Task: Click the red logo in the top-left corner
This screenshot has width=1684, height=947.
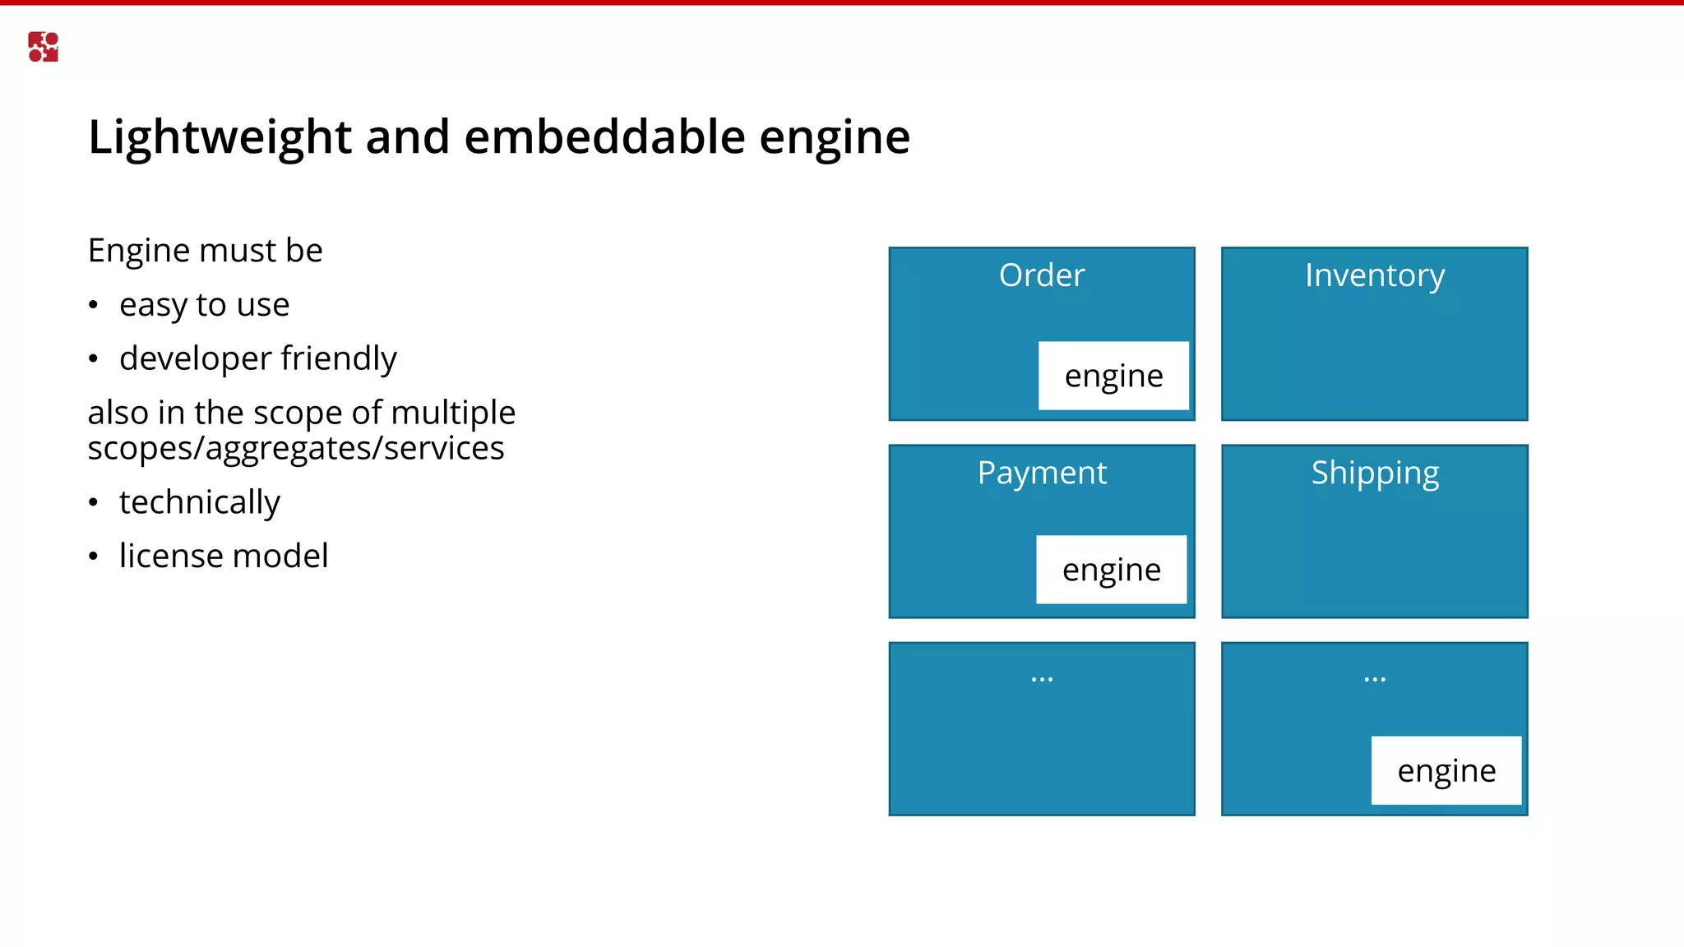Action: (x=43, y=47)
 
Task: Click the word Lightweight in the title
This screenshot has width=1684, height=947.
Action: (x=220, y=136)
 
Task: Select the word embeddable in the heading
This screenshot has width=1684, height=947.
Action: (x=604, y=136)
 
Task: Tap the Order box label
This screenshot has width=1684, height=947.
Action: (x=1041, y=275)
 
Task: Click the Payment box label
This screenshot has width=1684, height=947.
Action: (x=1042, y=473)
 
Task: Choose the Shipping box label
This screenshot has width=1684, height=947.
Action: (x=1375, y=473)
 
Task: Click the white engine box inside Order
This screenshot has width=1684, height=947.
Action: (x=1113, y=376)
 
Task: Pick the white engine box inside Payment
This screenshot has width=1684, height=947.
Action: (x=1111, y=570)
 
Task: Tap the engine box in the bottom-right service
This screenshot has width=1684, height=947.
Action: (x=1446, y=770)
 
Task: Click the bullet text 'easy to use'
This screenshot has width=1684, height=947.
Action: (x=204, y=305)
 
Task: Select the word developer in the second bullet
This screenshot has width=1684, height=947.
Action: (x=195, y=359)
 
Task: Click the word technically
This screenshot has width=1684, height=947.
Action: (x=199, y=502)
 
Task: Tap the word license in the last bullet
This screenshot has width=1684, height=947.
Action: (x=170, y=556)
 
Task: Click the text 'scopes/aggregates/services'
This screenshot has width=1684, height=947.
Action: (x=296, y=449)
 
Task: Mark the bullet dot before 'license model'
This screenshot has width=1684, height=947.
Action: (x=94, y=557)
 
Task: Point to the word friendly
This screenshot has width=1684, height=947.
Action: (x=339, y=359)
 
